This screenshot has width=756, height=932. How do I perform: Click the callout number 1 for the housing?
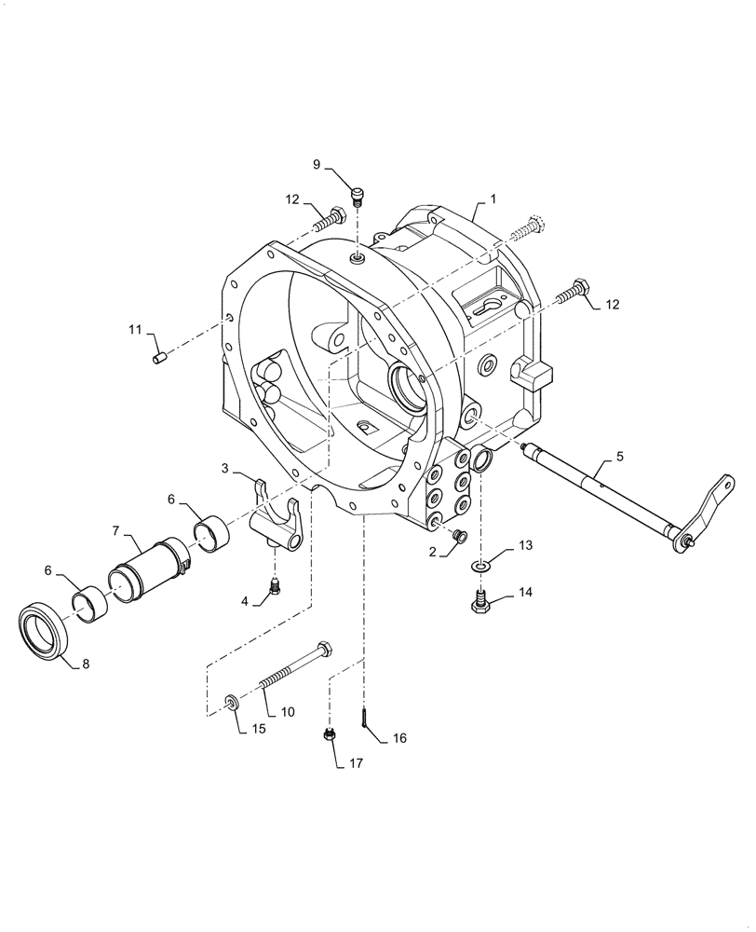pos(494,199)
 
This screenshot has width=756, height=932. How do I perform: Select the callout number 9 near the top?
pos(317,165)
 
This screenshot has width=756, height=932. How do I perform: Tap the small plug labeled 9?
pos(357,194)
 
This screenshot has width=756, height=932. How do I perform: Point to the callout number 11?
pos(134,329)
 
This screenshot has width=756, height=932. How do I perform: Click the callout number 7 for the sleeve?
pos(116,531)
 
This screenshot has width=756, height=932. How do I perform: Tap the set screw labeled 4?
pos(275,587)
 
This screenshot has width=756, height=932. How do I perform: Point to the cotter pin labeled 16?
pos(364,718)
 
